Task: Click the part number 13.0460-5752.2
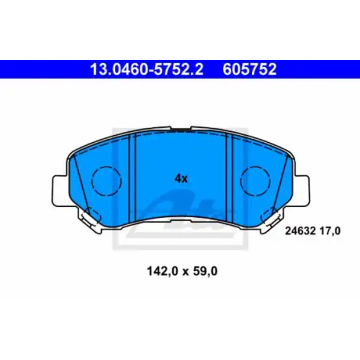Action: pyautogui.click(x=147, y=69)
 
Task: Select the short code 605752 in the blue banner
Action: pyautogui.click(x=250, y=69)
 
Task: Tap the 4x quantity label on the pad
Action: pyautogui.click(x=181, y=178)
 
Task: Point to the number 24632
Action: pyautogui.click(x=301, y=231)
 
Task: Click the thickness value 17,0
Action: pyautogui.click(x=329, y=231)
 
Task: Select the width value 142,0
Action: pyautogui.click(x=163, y=271)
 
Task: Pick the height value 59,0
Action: pyautogui.click(x=205, y=271)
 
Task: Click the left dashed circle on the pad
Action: pyautogui.click(x=106, y=181)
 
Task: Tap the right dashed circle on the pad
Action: pyautogui.click(x=256, y=181)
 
